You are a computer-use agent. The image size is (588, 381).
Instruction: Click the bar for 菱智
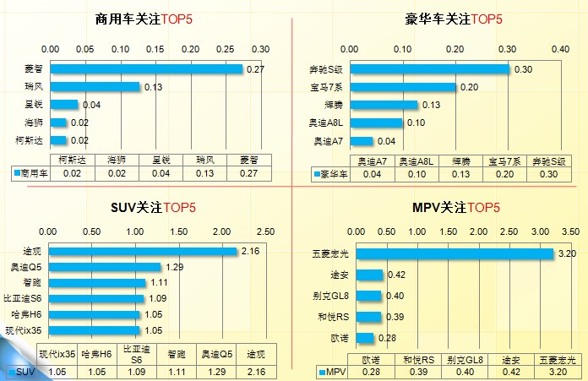(145, 68)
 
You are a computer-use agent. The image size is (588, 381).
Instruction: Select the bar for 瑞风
(95, 86)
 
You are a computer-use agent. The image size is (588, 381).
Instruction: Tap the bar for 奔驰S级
(429, 68)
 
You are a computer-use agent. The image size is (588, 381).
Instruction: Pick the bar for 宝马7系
(402, 86)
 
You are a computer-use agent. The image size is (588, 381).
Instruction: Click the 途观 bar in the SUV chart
(141, 251)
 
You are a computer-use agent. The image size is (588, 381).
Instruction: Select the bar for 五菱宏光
(454, 253)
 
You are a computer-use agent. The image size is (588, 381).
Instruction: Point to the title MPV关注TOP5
(456, 207)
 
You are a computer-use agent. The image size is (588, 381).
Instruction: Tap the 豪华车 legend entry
(330, 174)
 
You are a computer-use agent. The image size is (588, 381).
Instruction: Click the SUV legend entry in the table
(23, 370)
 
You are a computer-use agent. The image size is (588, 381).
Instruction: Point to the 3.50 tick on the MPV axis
(569, 231)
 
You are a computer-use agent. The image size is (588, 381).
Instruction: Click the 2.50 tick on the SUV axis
(264, 231)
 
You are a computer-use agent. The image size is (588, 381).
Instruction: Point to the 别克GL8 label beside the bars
(329, 296)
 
